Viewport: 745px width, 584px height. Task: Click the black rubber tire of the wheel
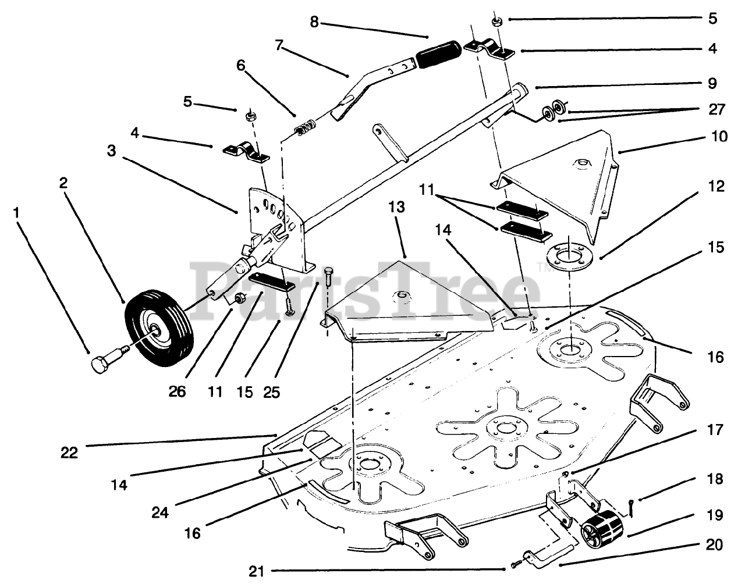159,328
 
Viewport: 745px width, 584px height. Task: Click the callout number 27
716,109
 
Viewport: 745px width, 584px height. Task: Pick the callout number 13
396,207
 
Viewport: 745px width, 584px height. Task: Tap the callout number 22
69,453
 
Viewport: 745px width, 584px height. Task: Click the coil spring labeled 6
305,127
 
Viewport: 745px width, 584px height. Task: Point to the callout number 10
719,136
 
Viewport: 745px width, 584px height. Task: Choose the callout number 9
712,83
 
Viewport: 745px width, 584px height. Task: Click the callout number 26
177,391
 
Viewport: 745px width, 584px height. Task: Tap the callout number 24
160,513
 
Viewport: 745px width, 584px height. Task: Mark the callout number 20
715,544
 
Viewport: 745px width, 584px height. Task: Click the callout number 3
111,151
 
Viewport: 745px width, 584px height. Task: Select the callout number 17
715,429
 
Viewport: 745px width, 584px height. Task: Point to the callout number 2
63,183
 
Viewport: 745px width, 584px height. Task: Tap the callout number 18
715,479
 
